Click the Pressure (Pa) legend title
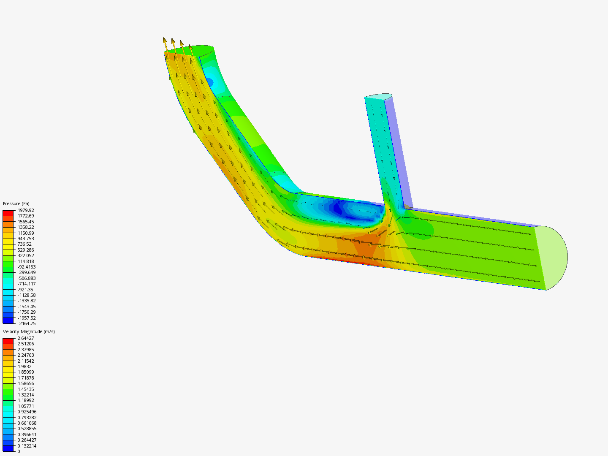pyautogui.click(x=16, y=204)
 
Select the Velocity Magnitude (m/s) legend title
pyautogui.click(x=29, y=331)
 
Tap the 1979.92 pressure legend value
pyautogui.click(x=26, y=210)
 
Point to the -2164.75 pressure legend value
pyautogui.click(x=27, y=323)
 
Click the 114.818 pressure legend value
pyautogui.click(x=26, y=261)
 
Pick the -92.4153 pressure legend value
pyautogui.click(x=27, y=267)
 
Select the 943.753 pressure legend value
pyautogui.click(x=26, y=239)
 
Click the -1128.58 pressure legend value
pyautogui.click(x=27, y=295)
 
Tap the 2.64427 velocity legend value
pyautogui.click(x=26, y=338)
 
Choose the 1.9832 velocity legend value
pyautogui.click(x=24, y=366)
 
